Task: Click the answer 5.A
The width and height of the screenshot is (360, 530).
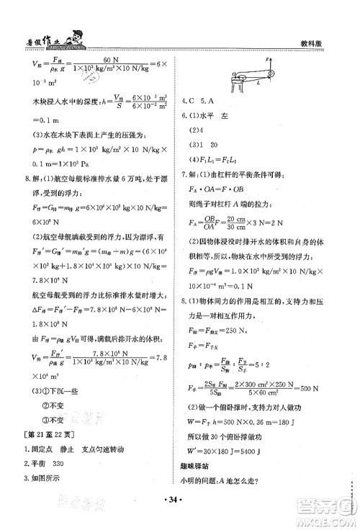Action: coord(213,101)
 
